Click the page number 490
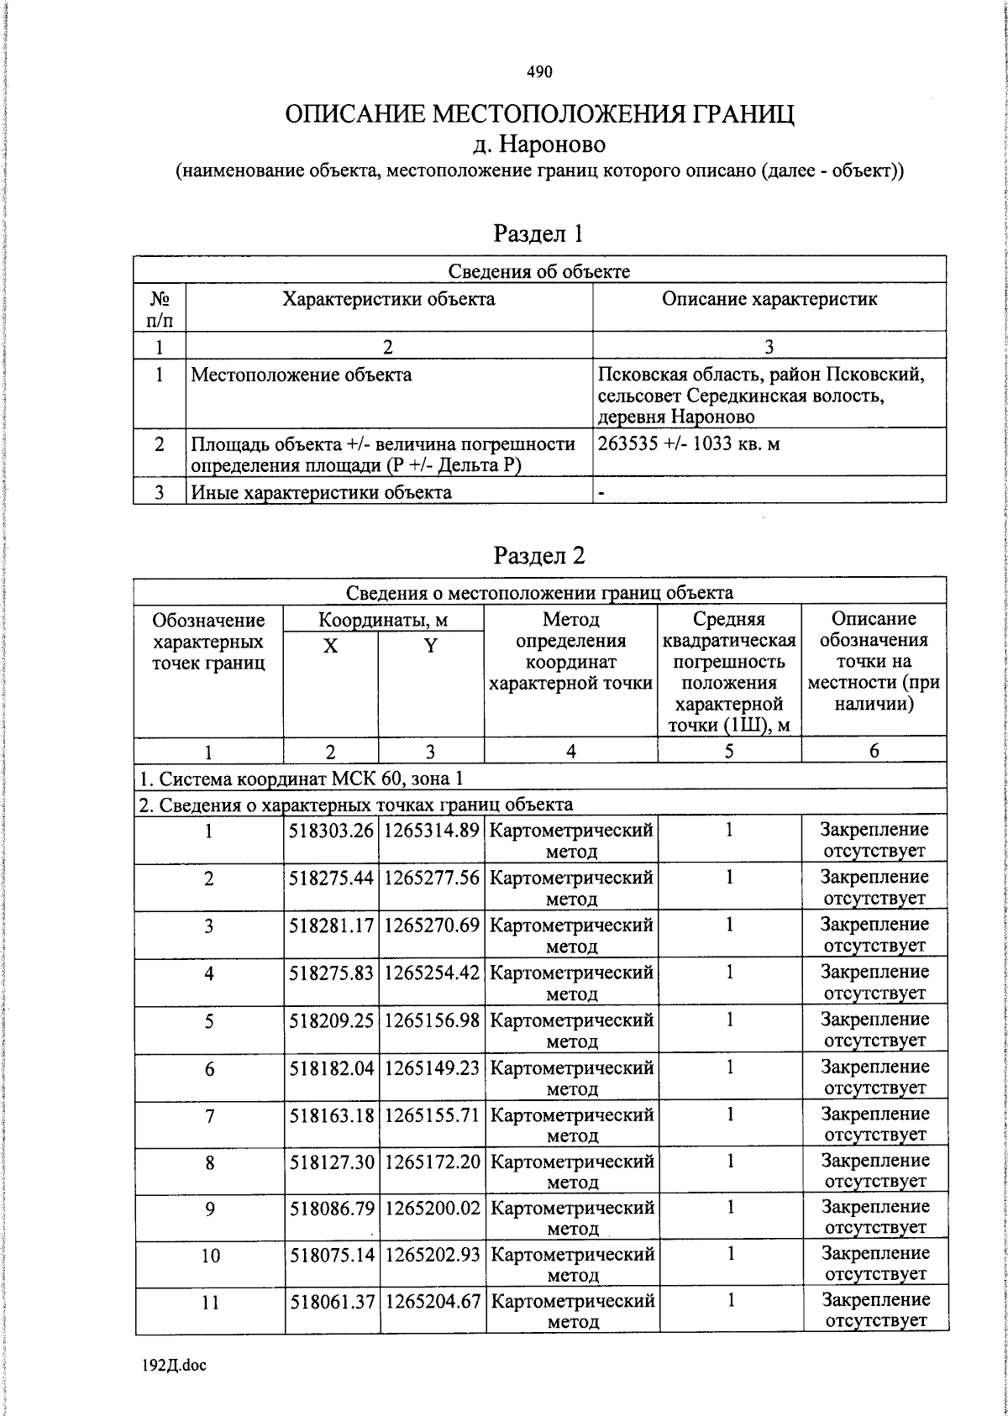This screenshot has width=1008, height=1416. click(x=539, y=72)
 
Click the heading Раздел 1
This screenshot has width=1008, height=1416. click(x=538, y=233)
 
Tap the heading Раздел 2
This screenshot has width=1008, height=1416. click(x=538, y=555)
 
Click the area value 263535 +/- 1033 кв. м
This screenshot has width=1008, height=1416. click(x=689, y=443)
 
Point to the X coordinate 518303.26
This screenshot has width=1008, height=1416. click(x=331, y=830)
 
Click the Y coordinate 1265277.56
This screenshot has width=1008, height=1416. click(x=432, y=878)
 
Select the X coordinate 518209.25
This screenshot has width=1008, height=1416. click(x=331, y=1020)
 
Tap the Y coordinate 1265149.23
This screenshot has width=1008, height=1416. click(x=432, y=1068)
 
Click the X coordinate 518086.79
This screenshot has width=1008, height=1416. click(x=332, y=1209)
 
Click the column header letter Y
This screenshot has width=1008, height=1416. click(x=430, y=646)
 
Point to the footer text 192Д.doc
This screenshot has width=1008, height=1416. click(x=174, y=1365)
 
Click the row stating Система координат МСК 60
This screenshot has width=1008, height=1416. click(x=301, y=779)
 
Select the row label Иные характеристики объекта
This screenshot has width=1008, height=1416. click(x=321, y=491)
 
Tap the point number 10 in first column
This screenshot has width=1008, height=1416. click(x=210, y=1255)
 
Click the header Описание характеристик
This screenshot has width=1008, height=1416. click(x=769, y=299)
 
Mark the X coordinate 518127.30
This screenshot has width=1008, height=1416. click(x=332, y=1162)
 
